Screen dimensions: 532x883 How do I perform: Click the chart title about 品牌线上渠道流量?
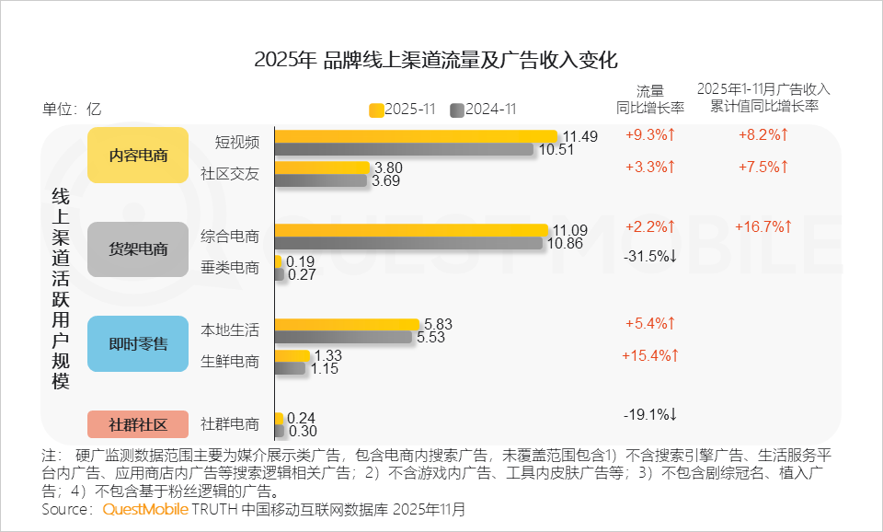point(436,61)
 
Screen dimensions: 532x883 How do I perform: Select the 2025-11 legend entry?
point(402,110)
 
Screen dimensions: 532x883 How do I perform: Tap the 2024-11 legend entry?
point(483,110)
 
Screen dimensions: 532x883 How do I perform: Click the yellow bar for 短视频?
point(416,136)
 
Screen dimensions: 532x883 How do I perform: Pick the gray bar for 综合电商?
point(408,244)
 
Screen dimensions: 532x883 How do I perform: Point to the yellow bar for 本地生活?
point(347,324)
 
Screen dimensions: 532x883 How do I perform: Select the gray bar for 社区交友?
point(320,181)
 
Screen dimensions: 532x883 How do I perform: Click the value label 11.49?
point(580,136)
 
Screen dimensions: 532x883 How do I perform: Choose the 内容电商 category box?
point(138,155)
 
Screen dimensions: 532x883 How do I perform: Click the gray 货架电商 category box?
point(138,249)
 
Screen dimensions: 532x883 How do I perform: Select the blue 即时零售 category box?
point(138,343)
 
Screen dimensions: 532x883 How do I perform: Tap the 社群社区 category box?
point(138,424)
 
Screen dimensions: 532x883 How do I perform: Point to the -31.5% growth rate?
point(650,255)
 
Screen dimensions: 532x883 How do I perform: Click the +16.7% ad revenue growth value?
point(763,226)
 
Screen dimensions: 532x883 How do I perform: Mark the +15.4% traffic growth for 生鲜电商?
point(650,355)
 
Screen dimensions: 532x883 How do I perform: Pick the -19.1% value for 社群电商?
point(650,414)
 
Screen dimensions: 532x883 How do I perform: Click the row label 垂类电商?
point(230,268)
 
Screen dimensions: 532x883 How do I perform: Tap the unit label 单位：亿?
point(72,108)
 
